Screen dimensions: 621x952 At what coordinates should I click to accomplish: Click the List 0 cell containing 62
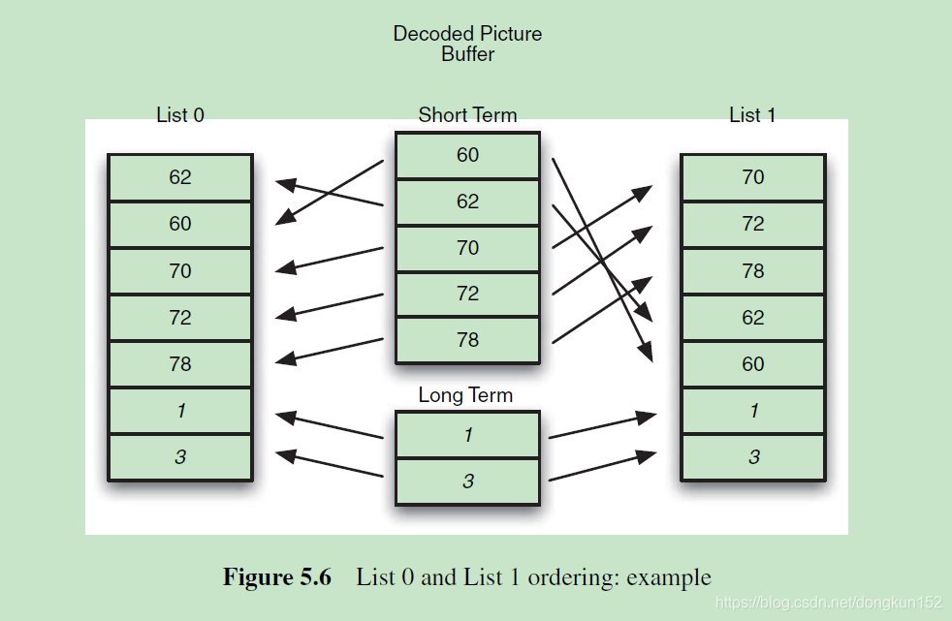(180, 177)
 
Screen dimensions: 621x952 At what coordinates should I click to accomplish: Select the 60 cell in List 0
(180, 224)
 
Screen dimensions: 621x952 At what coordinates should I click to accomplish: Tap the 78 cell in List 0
(180, 364)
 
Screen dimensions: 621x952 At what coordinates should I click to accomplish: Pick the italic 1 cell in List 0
(180, 411)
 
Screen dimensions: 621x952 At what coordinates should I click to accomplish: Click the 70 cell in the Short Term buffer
(467, 248)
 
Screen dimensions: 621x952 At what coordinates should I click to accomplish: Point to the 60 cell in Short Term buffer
(467, 155)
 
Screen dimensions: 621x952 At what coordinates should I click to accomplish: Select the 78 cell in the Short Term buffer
(467, 340)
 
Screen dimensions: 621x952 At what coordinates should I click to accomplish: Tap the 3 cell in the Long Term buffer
(467, 481)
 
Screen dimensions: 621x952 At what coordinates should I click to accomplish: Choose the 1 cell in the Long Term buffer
(467, 435)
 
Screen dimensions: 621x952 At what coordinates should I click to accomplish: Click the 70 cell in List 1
(753, 177)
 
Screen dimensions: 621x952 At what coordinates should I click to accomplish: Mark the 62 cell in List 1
(753, 318)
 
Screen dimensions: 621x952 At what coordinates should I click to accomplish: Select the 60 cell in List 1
(753, 364)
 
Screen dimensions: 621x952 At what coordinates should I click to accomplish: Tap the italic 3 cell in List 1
(753, 457)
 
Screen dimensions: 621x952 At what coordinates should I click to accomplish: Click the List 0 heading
(180, 114)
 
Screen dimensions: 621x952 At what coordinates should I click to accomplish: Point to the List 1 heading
(752, 114)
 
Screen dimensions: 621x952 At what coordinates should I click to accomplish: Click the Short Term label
(467, 114)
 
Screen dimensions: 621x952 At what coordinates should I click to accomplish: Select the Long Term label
(465, 395)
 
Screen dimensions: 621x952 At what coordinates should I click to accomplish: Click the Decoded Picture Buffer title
(467, 44)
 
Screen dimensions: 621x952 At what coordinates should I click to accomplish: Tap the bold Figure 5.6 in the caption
(277, 577)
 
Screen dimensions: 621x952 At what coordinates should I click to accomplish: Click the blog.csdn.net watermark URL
(830, 603)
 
